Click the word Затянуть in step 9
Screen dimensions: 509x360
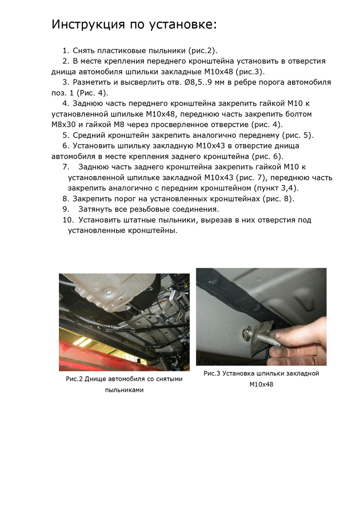[x=96, y=209]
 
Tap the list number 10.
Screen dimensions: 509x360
[x=68, y=220]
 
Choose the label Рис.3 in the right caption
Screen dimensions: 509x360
[x=212, y=373]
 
